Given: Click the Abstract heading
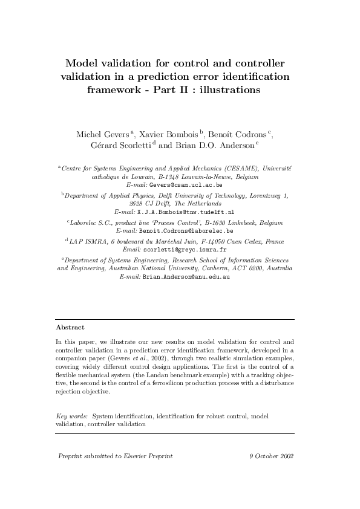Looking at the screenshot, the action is coord(70,327).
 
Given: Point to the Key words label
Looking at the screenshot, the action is coord(71,417).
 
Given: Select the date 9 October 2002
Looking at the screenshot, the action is coord(271,456).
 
